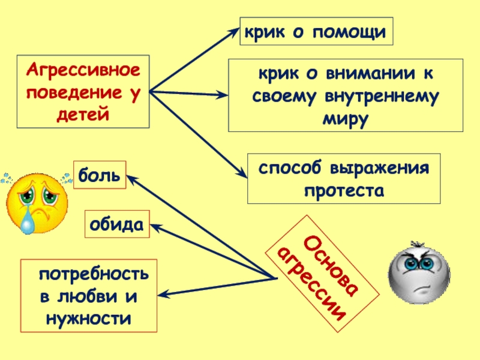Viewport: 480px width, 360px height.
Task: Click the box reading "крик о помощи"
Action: [x=316, y=31]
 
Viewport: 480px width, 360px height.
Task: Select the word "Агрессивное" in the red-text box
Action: [x=83, y=71]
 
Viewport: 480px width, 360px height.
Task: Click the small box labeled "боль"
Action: [x=100, y=175]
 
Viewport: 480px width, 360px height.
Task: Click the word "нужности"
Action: [x=88, y=317]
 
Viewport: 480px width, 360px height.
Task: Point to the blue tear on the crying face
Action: [x=28, y=223]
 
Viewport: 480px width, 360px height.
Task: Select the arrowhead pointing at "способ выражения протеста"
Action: [x=243, y=174]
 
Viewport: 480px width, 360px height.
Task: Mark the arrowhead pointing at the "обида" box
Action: [x=153, y=226]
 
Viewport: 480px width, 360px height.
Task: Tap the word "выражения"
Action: [x=386, y=168]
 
